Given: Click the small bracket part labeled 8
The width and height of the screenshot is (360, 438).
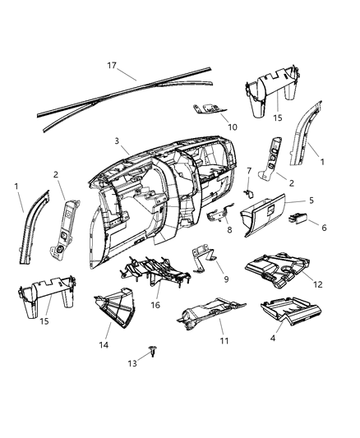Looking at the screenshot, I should (x=218, y=214).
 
